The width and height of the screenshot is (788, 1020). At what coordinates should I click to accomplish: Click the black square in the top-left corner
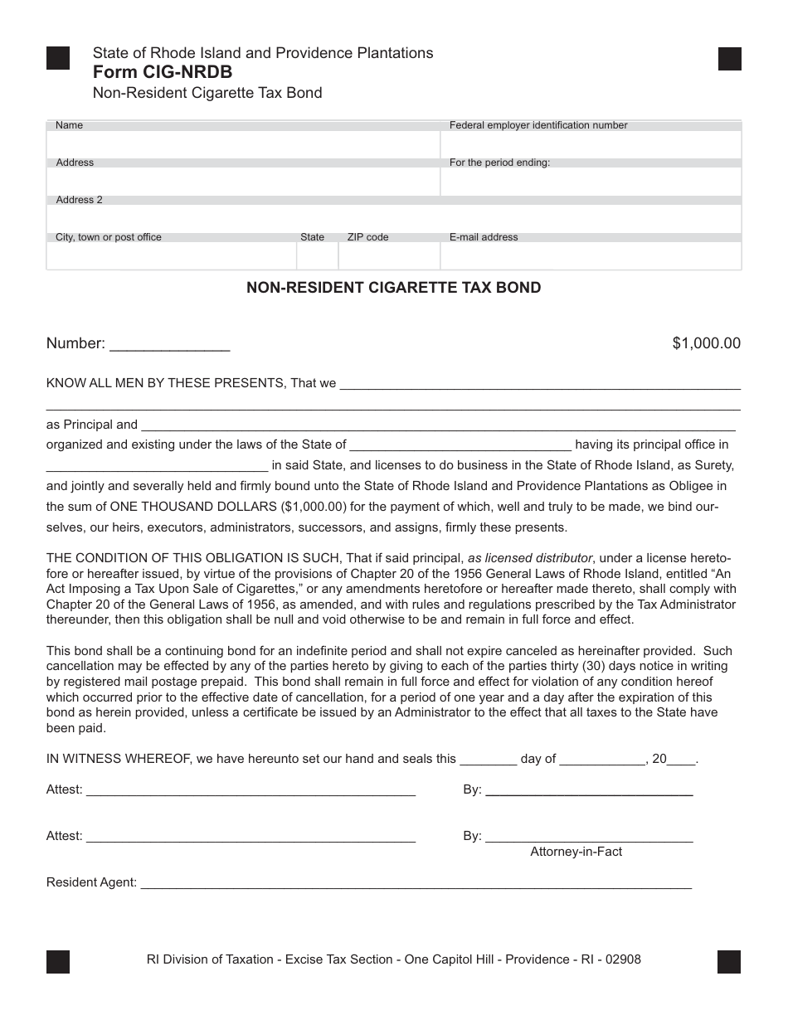pyautogui.click(x=58, y=58)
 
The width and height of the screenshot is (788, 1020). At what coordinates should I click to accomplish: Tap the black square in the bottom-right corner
pyautogui.click(x=729, y=961)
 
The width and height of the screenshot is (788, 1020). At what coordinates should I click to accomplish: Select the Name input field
pyautogui.click(x=243, y=144)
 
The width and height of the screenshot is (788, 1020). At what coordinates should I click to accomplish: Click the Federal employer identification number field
pyautogui.click(x=591, y=144)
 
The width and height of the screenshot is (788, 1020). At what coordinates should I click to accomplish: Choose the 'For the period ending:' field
pyautogui.click(x=591, y=182)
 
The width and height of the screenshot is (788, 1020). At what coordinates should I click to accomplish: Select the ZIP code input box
pyautogui.click(x=389, y=256)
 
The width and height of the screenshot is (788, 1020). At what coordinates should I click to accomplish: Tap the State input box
pyautogui.click(x=317, y=256)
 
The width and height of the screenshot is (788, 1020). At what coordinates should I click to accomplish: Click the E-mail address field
pyautogui.click(x=591, y=256)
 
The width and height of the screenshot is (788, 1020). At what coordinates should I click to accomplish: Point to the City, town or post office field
pyautogui.click(x=171, y=256)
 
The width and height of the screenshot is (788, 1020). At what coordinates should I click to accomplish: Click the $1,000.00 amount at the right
pyautogui.click(x=706, y=343)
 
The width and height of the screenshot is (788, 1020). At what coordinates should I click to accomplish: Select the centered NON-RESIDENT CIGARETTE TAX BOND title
pyautogui.click(x=394, y=288)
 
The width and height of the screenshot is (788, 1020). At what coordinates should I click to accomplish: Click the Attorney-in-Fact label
pyautogui.click(x=576, y=852)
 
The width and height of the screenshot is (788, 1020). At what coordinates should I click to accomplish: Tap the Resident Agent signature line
pyautogui.click(x=416, y=886)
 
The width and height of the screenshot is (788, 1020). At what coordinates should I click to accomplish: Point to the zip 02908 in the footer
pyautogui.click(x=623, y=959)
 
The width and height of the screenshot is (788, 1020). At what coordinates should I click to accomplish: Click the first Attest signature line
pyautogui.click(x=251, y=793)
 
